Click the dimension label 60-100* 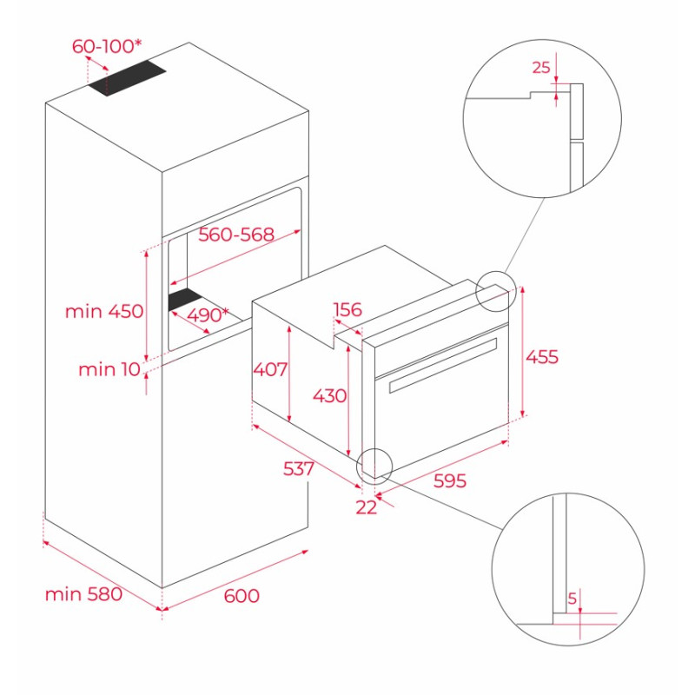coord(107,46)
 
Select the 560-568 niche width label coord(236,235)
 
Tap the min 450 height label coord(103,311)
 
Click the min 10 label coord(109,369)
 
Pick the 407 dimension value coord(270,369)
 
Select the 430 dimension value coord(329,396)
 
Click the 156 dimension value coord(347,310)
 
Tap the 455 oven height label coord(542,356)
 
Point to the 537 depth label coord(298,468)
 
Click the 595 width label coord(449,480)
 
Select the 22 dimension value coord(367,507)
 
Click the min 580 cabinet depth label coord(83,594)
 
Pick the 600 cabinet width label coord(242,596)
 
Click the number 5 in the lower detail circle coord(571,598)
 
